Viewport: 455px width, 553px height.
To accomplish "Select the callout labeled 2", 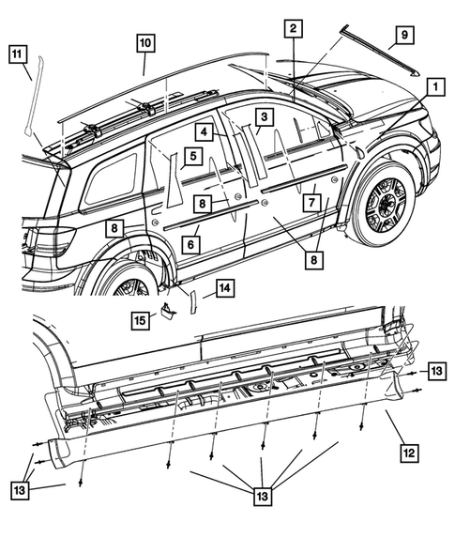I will (x=294, y=29).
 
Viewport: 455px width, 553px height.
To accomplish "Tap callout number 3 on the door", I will (x=265, y=116).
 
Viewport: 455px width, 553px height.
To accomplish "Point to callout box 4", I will (x=204, y=132).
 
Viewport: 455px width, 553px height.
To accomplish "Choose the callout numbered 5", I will (x=190, y=157).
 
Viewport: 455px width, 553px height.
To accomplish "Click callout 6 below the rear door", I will (x=190, y=244).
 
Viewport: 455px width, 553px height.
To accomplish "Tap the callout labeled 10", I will (x=144, y=42).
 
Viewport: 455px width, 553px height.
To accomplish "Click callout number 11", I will (x=17, y=54).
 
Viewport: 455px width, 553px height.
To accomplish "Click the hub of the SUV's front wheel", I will (x=385, y=201).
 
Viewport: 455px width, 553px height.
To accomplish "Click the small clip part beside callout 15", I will (x=169, y=310).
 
